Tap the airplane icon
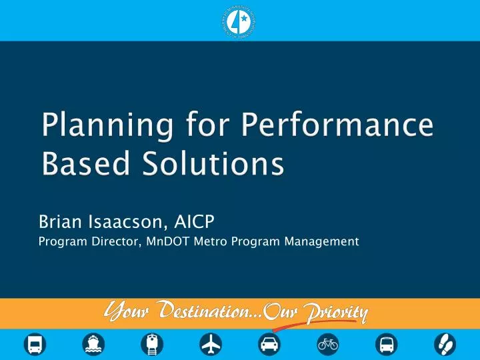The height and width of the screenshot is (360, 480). coord(211,343)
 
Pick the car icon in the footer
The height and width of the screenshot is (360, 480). coord(269,343)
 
